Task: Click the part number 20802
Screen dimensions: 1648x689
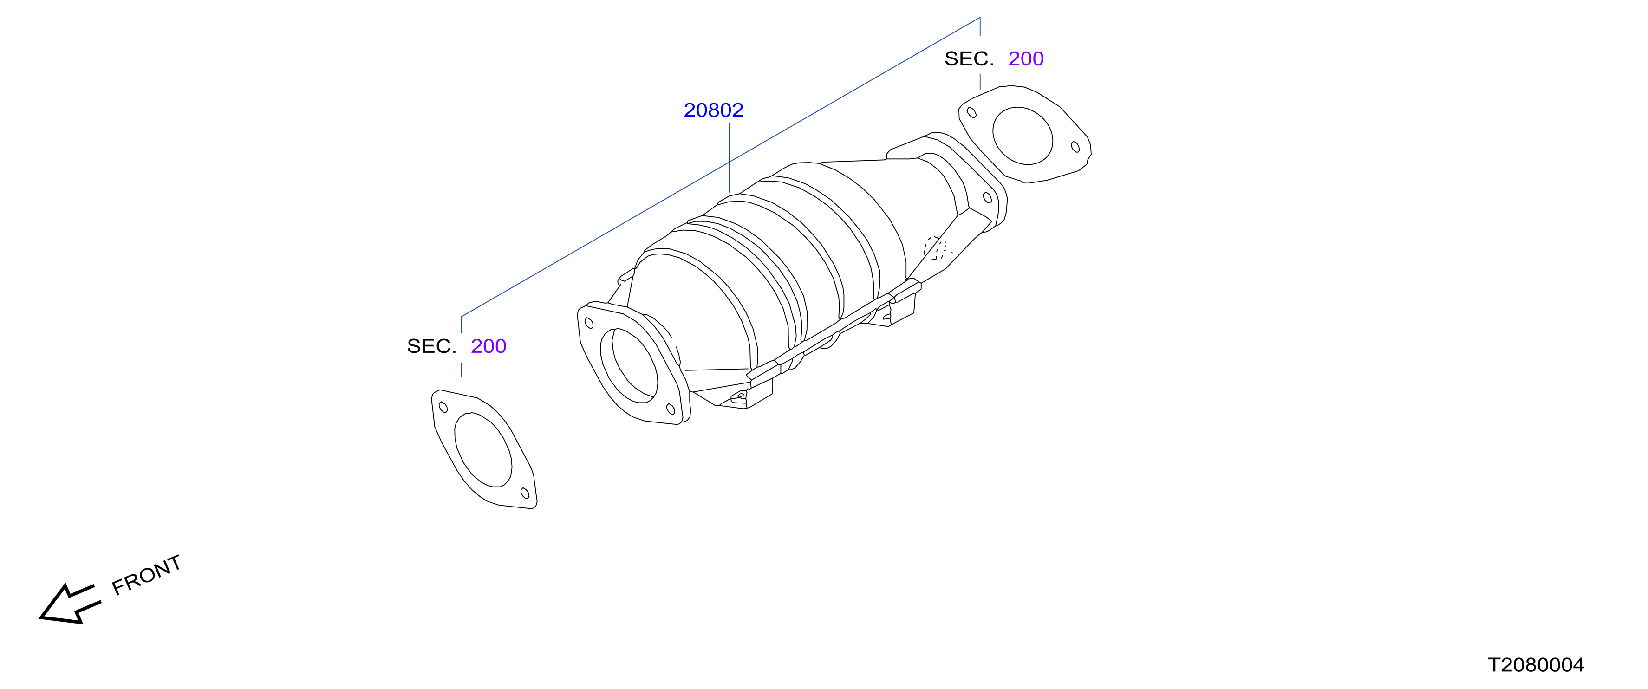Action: (713, 110)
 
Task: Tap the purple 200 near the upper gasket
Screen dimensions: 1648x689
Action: (1025, 59)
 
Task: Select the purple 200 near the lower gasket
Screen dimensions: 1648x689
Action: (488, 346)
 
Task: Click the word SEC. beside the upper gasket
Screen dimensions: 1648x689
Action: (969, 59)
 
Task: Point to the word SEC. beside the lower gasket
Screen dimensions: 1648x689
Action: (431, 346)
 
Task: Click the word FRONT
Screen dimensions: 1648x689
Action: (146, 575)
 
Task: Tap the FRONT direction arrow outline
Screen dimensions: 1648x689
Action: (70, 604)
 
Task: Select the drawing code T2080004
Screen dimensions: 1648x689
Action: (1536, 665)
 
